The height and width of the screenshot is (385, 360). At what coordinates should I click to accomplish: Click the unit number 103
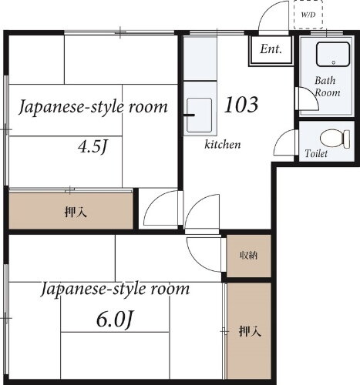(241, 103)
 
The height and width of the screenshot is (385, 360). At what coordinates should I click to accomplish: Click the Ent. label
(270, 50)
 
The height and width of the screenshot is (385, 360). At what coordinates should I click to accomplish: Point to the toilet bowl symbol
(331, 139)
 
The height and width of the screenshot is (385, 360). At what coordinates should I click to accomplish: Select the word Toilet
(316, 154)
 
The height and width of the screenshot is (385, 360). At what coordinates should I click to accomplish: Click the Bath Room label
(326, 86)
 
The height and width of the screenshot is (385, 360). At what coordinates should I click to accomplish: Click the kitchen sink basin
(200, 115)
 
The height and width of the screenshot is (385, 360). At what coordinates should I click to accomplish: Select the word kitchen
(223, 145)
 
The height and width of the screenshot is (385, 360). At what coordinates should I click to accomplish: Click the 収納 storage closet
(247, 256)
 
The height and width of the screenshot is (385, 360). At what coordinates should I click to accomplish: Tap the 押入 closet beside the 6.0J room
(249, 332)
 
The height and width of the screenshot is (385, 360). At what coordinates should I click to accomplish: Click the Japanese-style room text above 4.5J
(93, 107)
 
